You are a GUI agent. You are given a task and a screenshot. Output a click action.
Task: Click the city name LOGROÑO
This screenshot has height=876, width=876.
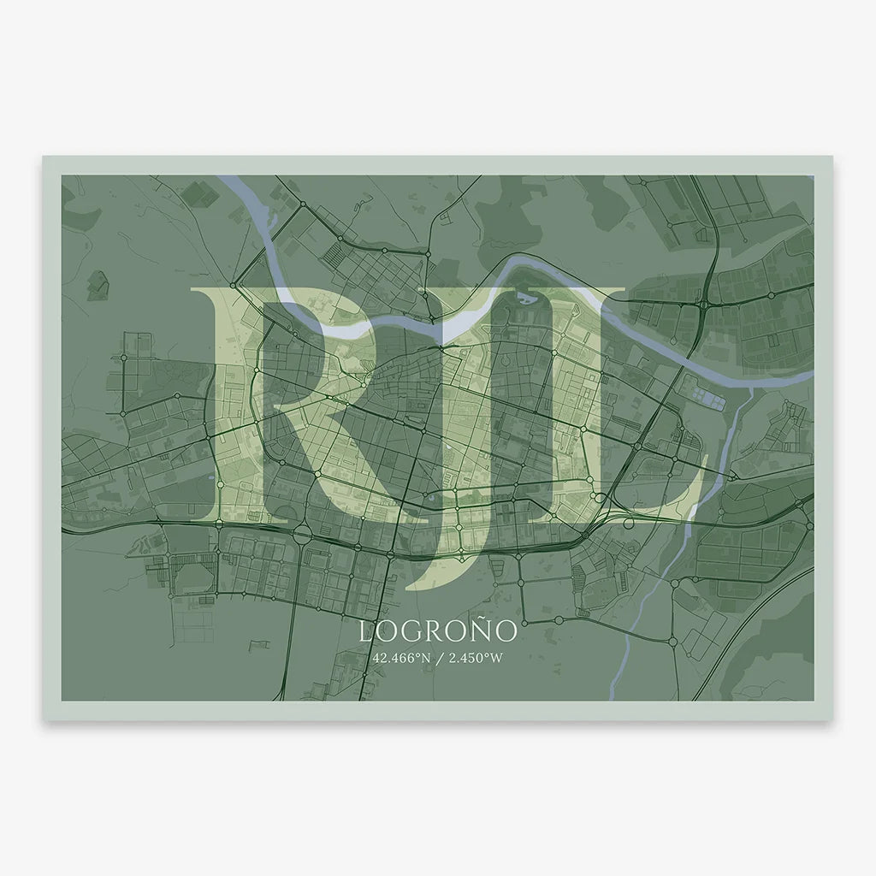pos(438,631)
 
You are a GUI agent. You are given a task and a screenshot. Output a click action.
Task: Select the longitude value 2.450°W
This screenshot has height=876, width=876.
pos(472,659)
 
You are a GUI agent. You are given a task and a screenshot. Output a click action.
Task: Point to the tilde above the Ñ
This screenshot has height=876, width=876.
pos(483,619)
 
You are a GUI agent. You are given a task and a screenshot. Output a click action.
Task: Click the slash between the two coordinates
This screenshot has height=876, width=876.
pos(438,659)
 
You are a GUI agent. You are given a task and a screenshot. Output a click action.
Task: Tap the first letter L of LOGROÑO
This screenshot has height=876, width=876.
pos(365,632)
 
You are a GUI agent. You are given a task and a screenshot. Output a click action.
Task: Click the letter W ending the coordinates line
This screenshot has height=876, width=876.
pos(496,659)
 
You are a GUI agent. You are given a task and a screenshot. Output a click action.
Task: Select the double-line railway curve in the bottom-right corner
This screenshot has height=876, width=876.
pos(761,616)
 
